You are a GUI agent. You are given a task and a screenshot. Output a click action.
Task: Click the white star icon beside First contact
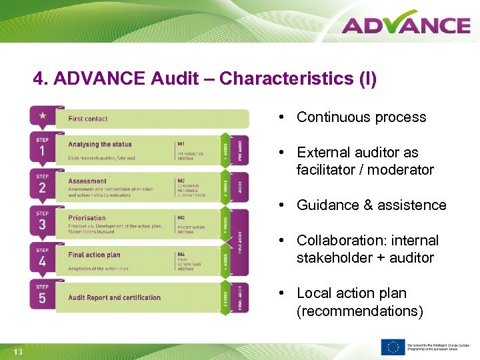(x=43, y=116)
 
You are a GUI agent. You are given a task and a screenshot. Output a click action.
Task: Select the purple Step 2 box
(x=43, y=185)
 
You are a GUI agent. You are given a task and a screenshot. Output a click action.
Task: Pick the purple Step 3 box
(x=43, y=222)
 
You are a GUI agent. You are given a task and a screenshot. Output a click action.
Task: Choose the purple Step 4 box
(x=43, y=259)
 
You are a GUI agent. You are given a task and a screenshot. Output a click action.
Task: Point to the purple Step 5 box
(x=43, y=295)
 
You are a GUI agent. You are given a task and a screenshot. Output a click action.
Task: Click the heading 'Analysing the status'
(x=100, y=144)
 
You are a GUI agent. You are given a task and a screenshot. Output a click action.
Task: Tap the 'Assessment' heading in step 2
(x=87, y=181)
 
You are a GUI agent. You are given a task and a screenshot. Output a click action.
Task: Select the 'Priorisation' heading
(x=87, y=217)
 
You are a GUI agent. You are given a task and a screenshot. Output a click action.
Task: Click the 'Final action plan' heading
(x=94, y=254)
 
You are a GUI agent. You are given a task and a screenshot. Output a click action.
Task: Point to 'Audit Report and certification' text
(x=115, y=297)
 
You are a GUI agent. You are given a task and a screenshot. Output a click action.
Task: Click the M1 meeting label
(x=181, y=143)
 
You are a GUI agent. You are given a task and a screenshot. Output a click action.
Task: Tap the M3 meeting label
(x=181, y=217)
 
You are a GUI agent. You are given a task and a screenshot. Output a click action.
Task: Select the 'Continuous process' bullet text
(x=361, y=117)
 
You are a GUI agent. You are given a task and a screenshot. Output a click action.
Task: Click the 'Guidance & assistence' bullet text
(x=371, y=205)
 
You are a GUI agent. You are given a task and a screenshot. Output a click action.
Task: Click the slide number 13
(x=18, y=351)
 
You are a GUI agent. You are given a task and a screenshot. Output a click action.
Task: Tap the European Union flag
(x=393, y=347)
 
